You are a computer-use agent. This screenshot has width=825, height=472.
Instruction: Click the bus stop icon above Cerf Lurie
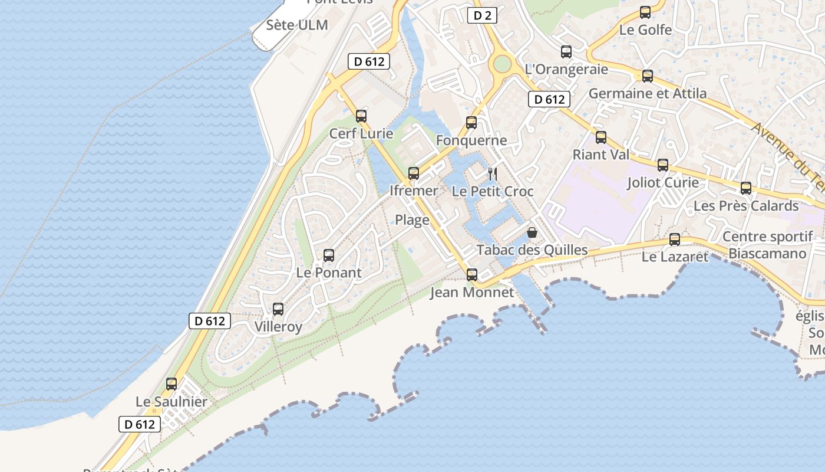click(x=361, y=116)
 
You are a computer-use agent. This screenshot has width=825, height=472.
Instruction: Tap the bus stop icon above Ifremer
click(x=414, y=173)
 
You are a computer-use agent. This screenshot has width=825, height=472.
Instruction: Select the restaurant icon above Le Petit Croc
click(x=493, y=173)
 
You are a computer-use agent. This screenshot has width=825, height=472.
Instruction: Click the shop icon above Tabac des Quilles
click(x=532, y=232)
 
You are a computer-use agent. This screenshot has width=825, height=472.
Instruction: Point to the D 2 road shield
click(x=482, y=16)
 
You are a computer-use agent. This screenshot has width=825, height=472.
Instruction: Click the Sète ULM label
click(x=296, y=25)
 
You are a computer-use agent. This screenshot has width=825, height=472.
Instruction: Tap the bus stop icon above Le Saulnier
click(x=171, y=384)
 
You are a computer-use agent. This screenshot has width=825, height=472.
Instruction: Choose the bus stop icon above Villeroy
click(x=278, y=309)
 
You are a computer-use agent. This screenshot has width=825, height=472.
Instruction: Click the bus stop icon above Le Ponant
click(x=329, y=255)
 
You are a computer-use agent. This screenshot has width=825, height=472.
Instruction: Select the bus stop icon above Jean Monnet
click(x=472, y=275)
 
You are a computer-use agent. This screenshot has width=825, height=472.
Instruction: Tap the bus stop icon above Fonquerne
click(x=471, y=123)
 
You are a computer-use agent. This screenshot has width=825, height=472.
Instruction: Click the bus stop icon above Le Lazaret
click(x=675, y=240)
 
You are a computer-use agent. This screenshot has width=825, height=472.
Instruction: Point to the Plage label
click(x=412, y=221)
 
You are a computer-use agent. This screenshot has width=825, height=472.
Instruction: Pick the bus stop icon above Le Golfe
click(x=645, y=12)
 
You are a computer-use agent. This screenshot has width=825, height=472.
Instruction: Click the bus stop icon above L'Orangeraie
click(x=566, y=52)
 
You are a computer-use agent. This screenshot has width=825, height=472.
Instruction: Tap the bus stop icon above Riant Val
click(x=601, y=137)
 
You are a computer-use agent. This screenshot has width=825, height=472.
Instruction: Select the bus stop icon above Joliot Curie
click(x=663, y=165)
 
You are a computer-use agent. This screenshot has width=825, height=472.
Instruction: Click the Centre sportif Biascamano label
click(x=767, y=245)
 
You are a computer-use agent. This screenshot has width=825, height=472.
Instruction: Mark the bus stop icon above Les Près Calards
click(x=746, y=189)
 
